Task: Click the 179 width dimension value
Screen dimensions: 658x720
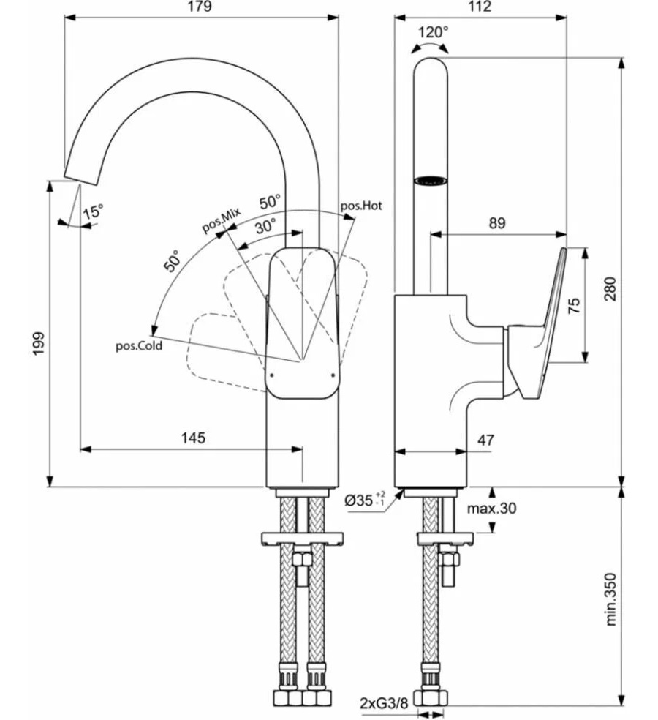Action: click(x=200, y=7)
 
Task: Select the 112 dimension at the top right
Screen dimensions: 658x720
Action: click(x=480, y=7)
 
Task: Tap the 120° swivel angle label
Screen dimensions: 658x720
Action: click(x=433, y=32)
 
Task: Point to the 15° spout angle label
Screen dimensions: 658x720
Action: click(x=94, y=211)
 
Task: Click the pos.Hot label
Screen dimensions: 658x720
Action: click(x=361, y=206)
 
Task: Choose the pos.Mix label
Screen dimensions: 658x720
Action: click(x=222, y=220)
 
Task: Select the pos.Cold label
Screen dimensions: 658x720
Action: click(x=139, y=345)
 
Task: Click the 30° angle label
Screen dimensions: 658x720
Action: click(x=266, y=226)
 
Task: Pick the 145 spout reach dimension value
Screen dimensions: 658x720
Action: click(x=193, y=438)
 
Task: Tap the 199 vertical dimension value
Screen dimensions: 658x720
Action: click(x=39, y=343)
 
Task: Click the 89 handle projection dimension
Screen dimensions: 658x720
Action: click(x=497, y=223)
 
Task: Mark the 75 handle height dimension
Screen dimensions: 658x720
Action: click(x=574, y=305)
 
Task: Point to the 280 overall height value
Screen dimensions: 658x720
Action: click(x=610, y=289)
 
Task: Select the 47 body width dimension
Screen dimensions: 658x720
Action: click(x=486, y=440)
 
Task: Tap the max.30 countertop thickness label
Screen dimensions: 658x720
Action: click(x=491, y=509)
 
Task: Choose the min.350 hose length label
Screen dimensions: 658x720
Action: click(x=610, y=599)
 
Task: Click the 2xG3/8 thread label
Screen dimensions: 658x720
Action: click(x=384, y=703)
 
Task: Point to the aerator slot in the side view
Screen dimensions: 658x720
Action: click(x=431, y=180)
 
